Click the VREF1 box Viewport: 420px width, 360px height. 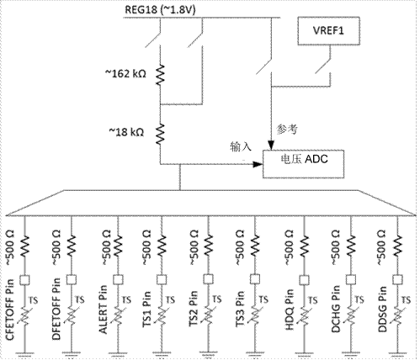pyautogui.click(x=328, y=31)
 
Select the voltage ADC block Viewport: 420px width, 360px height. pyautogui.click(x=303, y=164)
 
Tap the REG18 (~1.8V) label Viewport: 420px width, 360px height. pyautogui.click(x=160, y=9)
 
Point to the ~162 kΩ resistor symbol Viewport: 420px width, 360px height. pyautogui.click(x=160, y=75)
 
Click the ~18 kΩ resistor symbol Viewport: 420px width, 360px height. pyautogui.click(x=160, y=135)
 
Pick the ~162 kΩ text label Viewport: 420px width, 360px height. pyautogui.click(x=125, y=74)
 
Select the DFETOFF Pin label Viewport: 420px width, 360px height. pyautogui.click(x=56, y=309)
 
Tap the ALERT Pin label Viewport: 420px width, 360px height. pyautogui.click(x=104, y=310)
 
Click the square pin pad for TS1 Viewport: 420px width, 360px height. pyautogui.click(x=162, y=279)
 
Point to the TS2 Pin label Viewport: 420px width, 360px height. pyautogui.click(x=194, y=309)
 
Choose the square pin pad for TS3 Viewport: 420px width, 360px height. pyautogui.click(x=255, y=279)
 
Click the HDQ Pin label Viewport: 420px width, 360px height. pyautogui.click(x=290, y=310)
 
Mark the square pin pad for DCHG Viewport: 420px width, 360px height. pyautogui.click(x=351, y=279)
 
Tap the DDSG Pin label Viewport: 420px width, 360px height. pyautogui.click(x=382, y=309)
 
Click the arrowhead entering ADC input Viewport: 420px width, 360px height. pyautogui.click(x=258, y=164)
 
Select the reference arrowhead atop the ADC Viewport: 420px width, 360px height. pyautogui.click(x=271, y=146)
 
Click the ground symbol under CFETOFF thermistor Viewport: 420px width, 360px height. pyautogui.click(x=24, y=355)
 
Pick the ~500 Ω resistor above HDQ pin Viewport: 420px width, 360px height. pyautogui.click(x=304, y=246)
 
